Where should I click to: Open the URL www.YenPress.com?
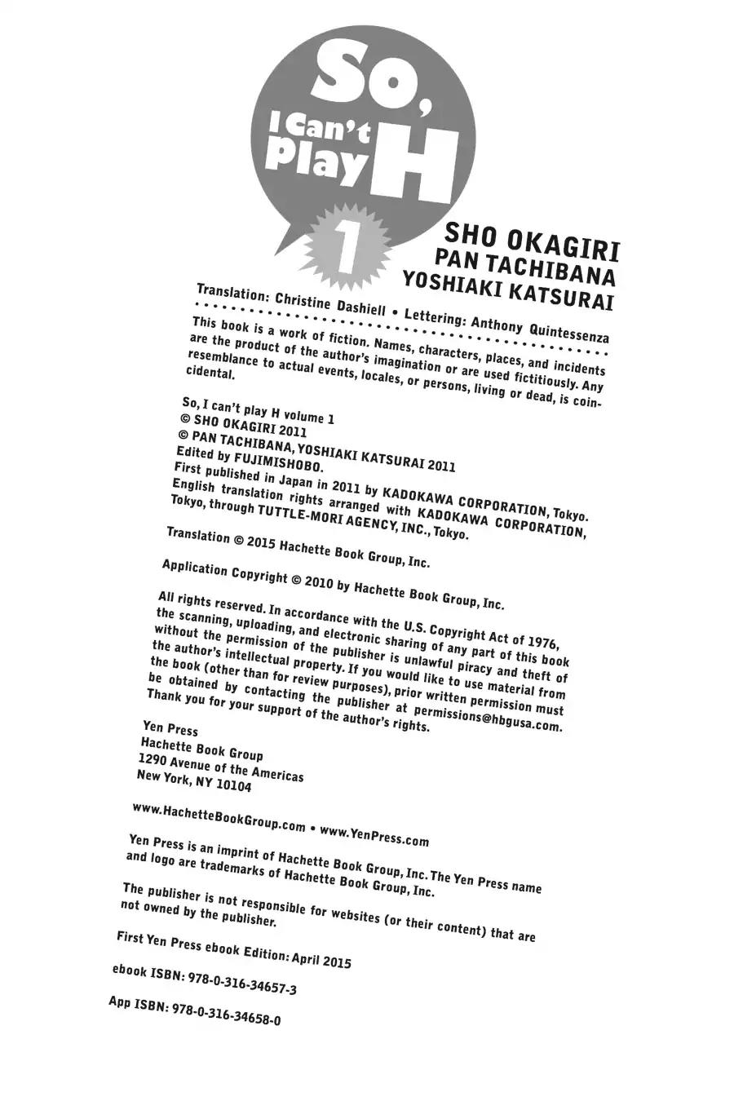click(374, 833)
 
